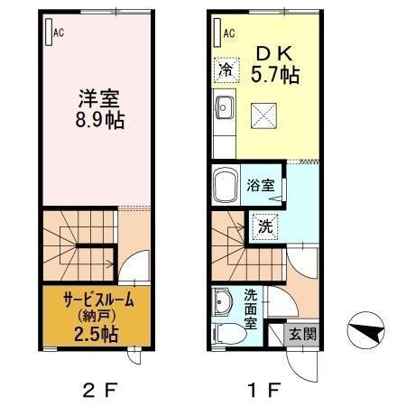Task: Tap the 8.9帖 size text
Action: [95, 117]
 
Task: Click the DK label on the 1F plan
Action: [275, 52]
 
